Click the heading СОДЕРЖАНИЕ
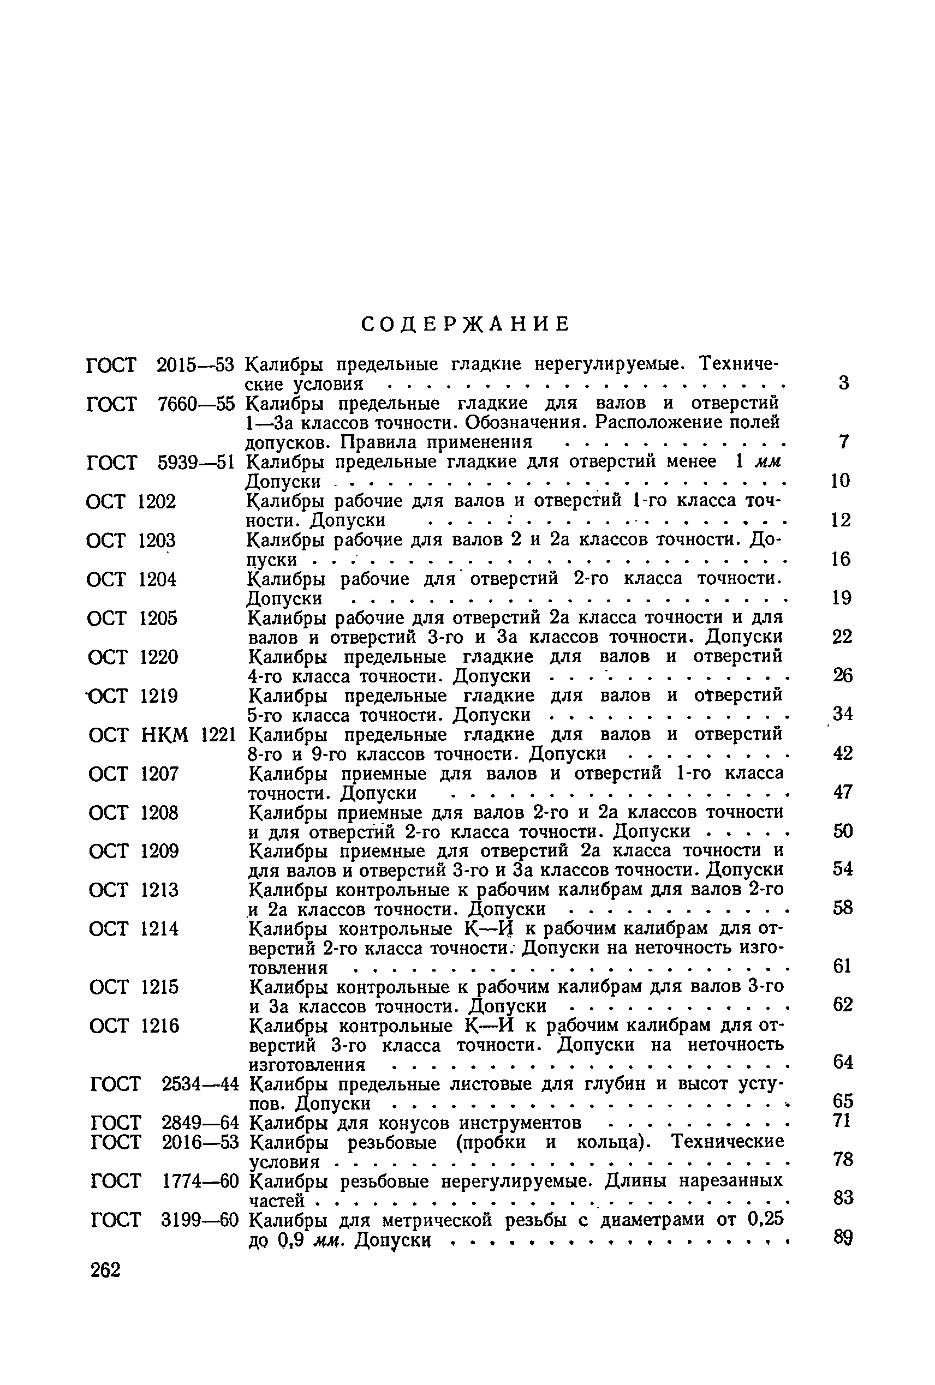click(x=466, y=323)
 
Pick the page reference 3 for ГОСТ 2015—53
click(x=843, y=383)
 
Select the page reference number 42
click(x=843, y=753)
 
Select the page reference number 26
click(x=843, y=675)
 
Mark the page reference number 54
click(x=843, y=870)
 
